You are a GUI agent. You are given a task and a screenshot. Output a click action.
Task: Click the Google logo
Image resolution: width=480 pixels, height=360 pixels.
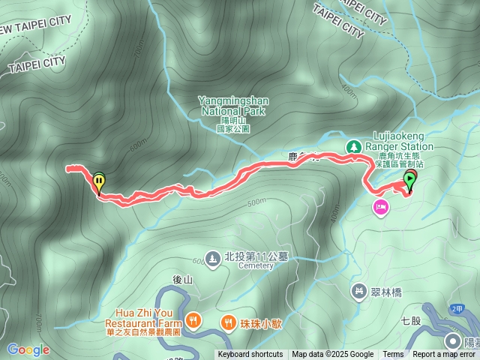[x=28, y=349]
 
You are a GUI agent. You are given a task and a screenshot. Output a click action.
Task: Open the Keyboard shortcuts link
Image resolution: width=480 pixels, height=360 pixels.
[x=250, y=355]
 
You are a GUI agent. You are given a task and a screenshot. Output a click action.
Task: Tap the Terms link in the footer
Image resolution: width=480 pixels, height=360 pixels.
[x=393, y=355]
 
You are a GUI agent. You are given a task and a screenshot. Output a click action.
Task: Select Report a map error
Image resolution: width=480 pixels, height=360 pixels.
[x=444, y=355]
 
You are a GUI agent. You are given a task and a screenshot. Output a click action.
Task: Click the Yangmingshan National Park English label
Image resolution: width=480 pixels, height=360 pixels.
[x=232, y=106]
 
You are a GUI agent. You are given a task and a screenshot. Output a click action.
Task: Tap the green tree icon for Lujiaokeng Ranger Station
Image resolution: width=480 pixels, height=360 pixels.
[x=352, y=146]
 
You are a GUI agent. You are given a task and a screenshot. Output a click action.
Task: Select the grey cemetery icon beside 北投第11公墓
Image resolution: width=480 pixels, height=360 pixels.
[x=213, y=257]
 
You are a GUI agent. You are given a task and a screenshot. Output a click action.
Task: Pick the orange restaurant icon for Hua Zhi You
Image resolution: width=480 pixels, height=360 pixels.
[x=193, y=321]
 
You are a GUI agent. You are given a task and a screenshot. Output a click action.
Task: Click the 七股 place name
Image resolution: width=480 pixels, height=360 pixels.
[x=410, y=320]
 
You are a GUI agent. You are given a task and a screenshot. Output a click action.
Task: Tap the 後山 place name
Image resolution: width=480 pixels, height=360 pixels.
[x=183, y=279]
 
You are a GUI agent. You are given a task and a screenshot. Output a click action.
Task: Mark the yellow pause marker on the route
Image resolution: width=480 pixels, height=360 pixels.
[x=99, y=180]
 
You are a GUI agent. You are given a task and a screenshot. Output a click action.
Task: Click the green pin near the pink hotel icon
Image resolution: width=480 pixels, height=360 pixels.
[x=409, y=180]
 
